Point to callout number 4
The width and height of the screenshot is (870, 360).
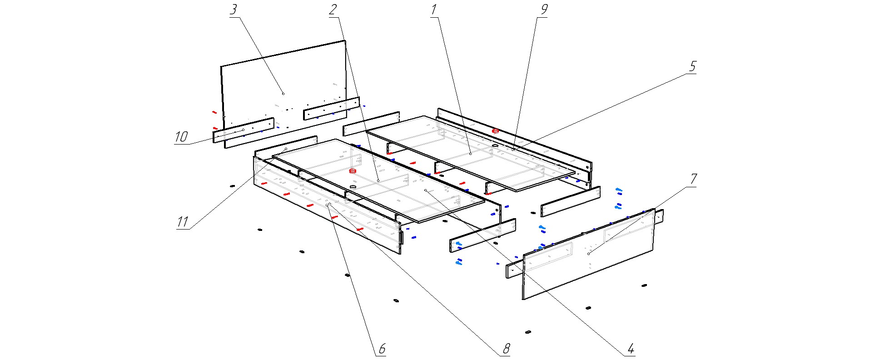[x=631, y=349]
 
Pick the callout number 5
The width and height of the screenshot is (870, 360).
[x=692, y=67]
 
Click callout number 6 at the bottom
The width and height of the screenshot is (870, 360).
[x=382, y=349]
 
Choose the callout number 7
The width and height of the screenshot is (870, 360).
[x=693, y=179]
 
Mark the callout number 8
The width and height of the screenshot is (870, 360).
[x=506, y=349]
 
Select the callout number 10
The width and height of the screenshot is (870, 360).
[x=181, y=137]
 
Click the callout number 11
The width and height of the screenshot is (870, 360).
[x=182, y=222]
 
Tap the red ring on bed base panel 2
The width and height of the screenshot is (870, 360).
[x=352, y=171]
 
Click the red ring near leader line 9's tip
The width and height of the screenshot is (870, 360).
[x=496, y=131]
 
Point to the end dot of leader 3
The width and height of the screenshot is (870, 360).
[x=283, y=94]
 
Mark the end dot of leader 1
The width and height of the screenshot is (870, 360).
[x=471, y=154]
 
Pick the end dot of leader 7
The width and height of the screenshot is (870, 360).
[x=588, y=254]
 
